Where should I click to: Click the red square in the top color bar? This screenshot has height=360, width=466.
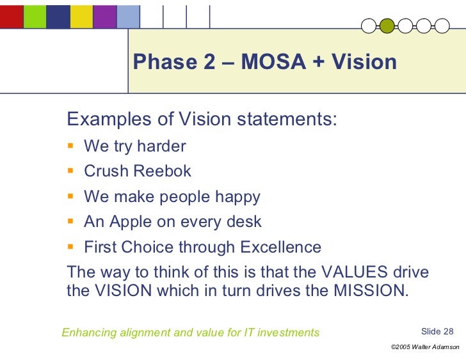[x=12, y=17]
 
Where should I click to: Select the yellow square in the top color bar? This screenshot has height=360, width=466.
[x=81, y=17]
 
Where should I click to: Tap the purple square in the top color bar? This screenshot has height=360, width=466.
[x=104, y=17]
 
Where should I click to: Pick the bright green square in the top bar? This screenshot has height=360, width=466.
[x=35, y=17]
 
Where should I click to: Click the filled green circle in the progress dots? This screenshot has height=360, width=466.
[x=387, y=26]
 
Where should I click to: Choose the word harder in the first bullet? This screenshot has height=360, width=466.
[x=161, y=146]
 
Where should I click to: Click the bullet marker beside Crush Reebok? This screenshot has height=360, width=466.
[x=72, y=171]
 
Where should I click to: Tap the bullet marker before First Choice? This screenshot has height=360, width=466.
[x=72, y=247]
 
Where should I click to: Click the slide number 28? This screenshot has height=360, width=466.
[x=448, y=331]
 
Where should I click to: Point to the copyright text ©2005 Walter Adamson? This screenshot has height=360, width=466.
[x=424, y=347]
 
